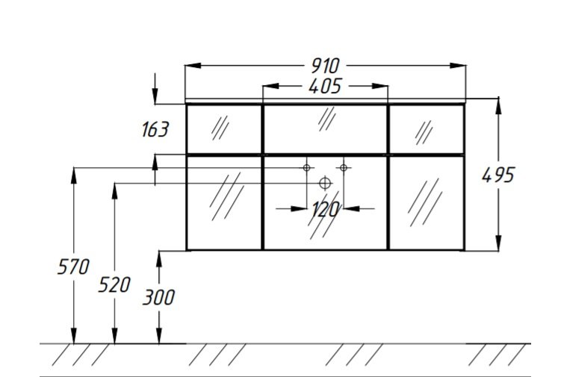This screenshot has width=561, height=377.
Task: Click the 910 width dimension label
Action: [325, 66]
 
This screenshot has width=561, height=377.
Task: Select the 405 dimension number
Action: [325, 86]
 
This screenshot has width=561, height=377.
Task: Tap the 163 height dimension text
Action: [155, 129]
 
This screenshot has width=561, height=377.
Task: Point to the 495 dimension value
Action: [498, 175]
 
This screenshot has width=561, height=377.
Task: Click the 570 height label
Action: [73, 267]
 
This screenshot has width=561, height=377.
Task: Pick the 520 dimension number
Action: [114, 285]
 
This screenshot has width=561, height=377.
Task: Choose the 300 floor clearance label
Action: [158, 297]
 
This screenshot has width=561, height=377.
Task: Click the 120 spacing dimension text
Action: [325, 209]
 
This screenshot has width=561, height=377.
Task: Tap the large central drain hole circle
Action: [325, 183]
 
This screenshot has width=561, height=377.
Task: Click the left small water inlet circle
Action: [306, 167]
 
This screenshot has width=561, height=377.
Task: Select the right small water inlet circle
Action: [344, 167]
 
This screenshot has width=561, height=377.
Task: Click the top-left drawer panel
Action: [224, 129]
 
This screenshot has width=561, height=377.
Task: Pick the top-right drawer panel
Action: [427, 129]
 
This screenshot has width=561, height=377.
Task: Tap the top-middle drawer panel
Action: [325, 129]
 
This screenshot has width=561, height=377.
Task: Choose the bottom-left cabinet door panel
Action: [224, 203]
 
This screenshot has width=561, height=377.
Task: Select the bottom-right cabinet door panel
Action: [427, 203]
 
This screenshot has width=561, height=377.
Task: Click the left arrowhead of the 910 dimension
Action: [193, 66]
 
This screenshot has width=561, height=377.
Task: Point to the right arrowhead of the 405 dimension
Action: [380, 86]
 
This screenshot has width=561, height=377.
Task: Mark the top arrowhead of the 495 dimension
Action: [498, 106]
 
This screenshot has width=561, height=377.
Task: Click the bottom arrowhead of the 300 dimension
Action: [159, 336]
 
